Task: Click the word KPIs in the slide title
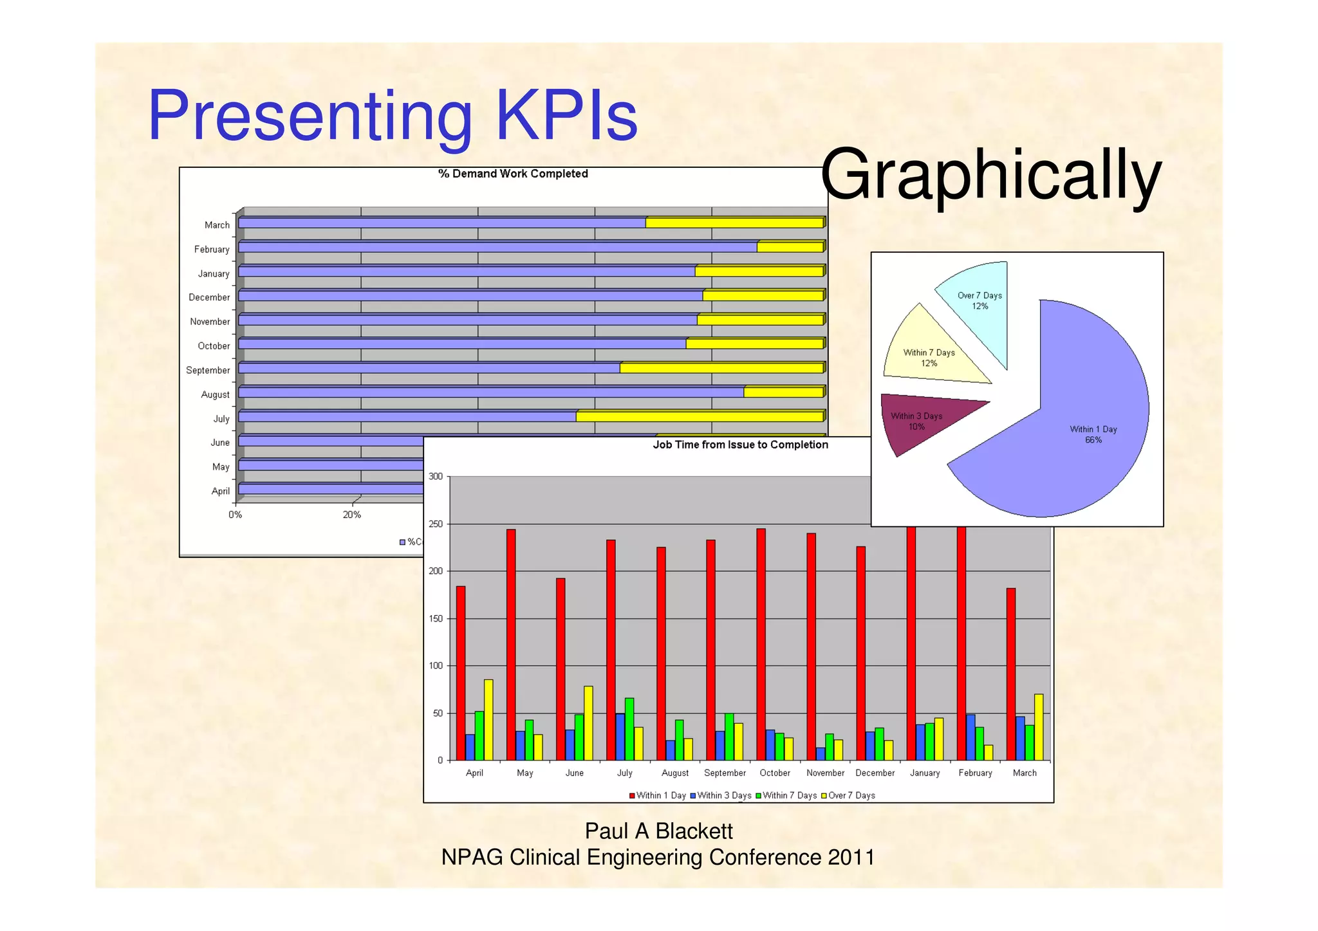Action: tap(566, 116)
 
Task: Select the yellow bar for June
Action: tap(588, 723)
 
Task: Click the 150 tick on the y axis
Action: tap(436, 619)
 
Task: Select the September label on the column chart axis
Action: tap(725, 773)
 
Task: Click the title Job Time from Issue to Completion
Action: tap(740, 445)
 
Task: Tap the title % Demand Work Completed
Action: tap(513, 174)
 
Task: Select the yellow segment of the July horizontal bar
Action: tap(699, 417)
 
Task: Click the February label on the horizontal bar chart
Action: tap(212, 250)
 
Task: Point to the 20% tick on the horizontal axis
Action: tap(351, 515)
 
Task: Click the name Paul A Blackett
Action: tap(658, 831)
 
